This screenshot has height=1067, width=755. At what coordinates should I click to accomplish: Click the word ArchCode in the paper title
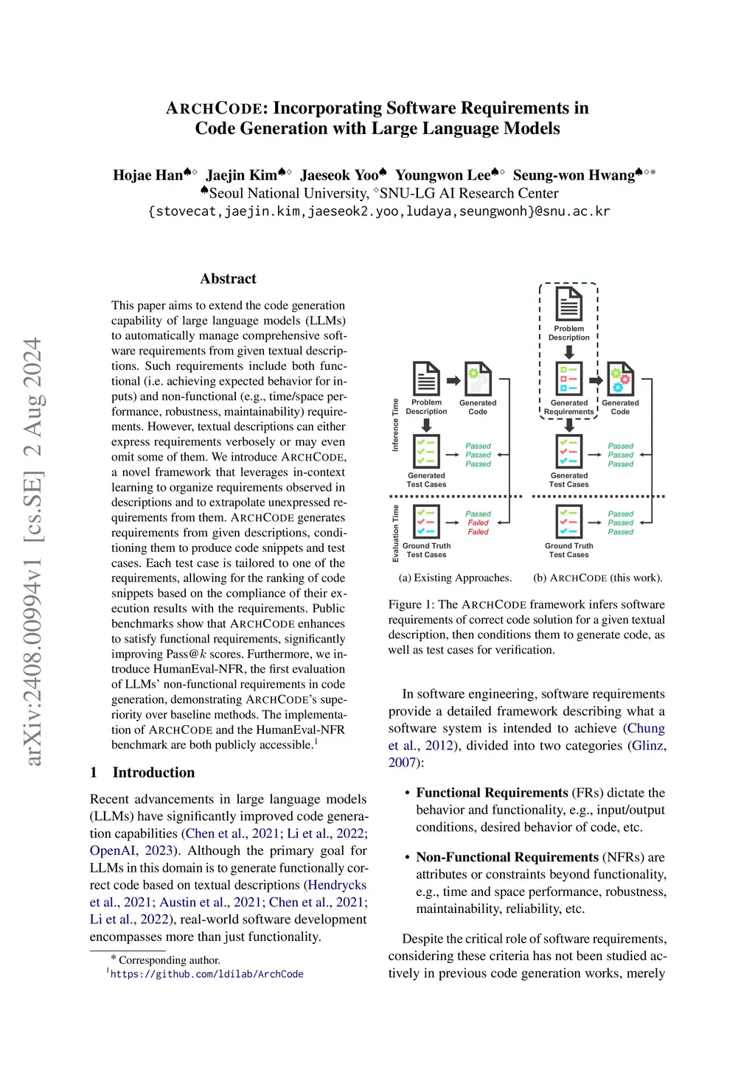pos(217,108)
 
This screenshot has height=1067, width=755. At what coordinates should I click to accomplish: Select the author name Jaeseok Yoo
pos(339,175)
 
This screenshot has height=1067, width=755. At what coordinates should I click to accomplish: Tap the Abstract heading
pos(228,279)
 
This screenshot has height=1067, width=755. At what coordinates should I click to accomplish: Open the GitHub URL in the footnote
pos(206,974)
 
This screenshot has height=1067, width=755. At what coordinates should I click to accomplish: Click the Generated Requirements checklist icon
pos(568,379)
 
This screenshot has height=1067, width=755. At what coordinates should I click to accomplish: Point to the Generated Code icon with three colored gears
pos(620,379)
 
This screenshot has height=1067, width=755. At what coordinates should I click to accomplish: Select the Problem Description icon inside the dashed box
pos(568,304)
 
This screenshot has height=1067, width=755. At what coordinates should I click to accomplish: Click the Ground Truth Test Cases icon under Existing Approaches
pos(426,522)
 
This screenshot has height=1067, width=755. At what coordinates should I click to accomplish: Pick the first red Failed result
pos(478,522)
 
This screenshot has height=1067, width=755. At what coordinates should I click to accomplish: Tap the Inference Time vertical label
pos(395,425)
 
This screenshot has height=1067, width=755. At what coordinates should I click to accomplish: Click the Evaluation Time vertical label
pos(395,533)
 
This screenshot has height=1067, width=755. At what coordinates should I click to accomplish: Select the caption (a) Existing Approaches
pos(455,578)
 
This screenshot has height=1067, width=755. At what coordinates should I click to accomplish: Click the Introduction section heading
pos(153,772)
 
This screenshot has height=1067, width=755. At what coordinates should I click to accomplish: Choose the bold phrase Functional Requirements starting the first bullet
pos(492,793)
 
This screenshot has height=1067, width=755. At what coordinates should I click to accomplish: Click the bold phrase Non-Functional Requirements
pos(507,857)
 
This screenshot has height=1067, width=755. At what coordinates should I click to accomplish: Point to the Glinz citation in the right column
pos(649,745)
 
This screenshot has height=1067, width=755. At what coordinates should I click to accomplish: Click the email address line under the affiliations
pos(379,211)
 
